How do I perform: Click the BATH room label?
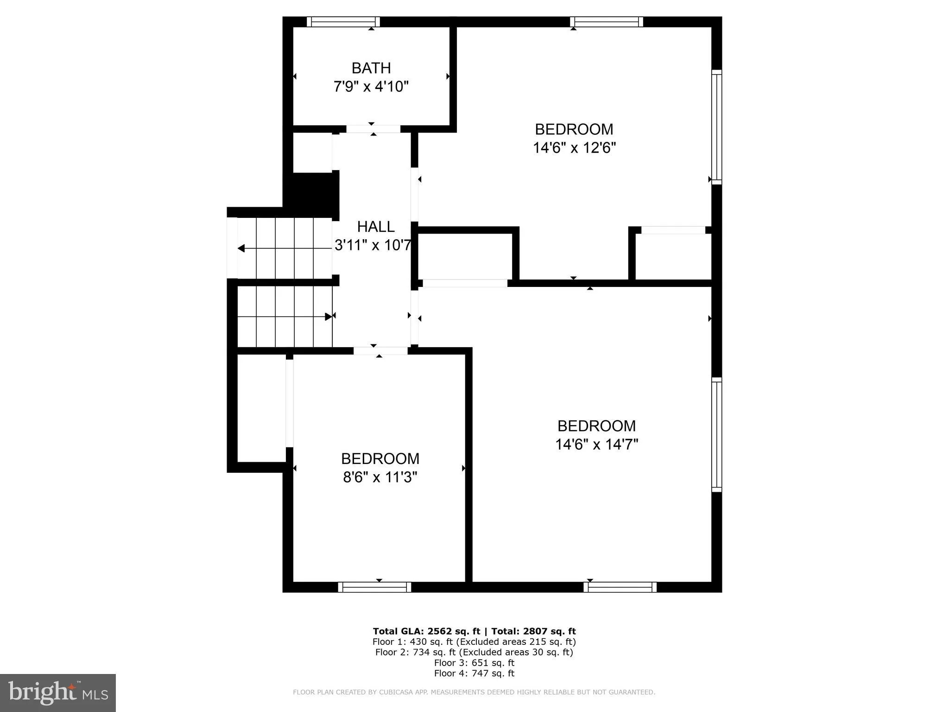(x=371, y=68)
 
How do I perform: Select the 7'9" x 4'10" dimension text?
(x=371, y=87)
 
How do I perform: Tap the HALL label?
(x=376, y=227)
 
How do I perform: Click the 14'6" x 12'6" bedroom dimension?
(x=574, y=148)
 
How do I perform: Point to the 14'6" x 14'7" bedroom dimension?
(x=597, y=445)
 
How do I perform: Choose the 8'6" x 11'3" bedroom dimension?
(x=380, y=477)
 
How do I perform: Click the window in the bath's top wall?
(x=343, y=22)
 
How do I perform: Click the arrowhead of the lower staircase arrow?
(x=329, y=317)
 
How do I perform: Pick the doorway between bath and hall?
(x=373, y=129)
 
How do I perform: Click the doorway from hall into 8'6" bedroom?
(x=380, y=351)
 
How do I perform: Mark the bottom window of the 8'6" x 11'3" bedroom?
(x=374, y=587)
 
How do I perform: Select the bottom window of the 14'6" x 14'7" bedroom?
(x=620, y=587)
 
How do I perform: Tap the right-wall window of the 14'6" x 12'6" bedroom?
(x=716, y=127)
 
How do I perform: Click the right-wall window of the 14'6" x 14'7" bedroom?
(x=716, y=435)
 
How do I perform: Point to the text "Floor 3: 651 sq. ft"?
(x=474, y=662)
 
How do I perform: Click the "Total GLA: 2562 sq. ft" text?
(x=426, y=631)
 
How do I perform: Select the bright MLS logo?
(x=58, y=693)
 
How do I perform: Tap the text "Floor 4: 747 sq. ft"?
(x=474, y=673)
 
